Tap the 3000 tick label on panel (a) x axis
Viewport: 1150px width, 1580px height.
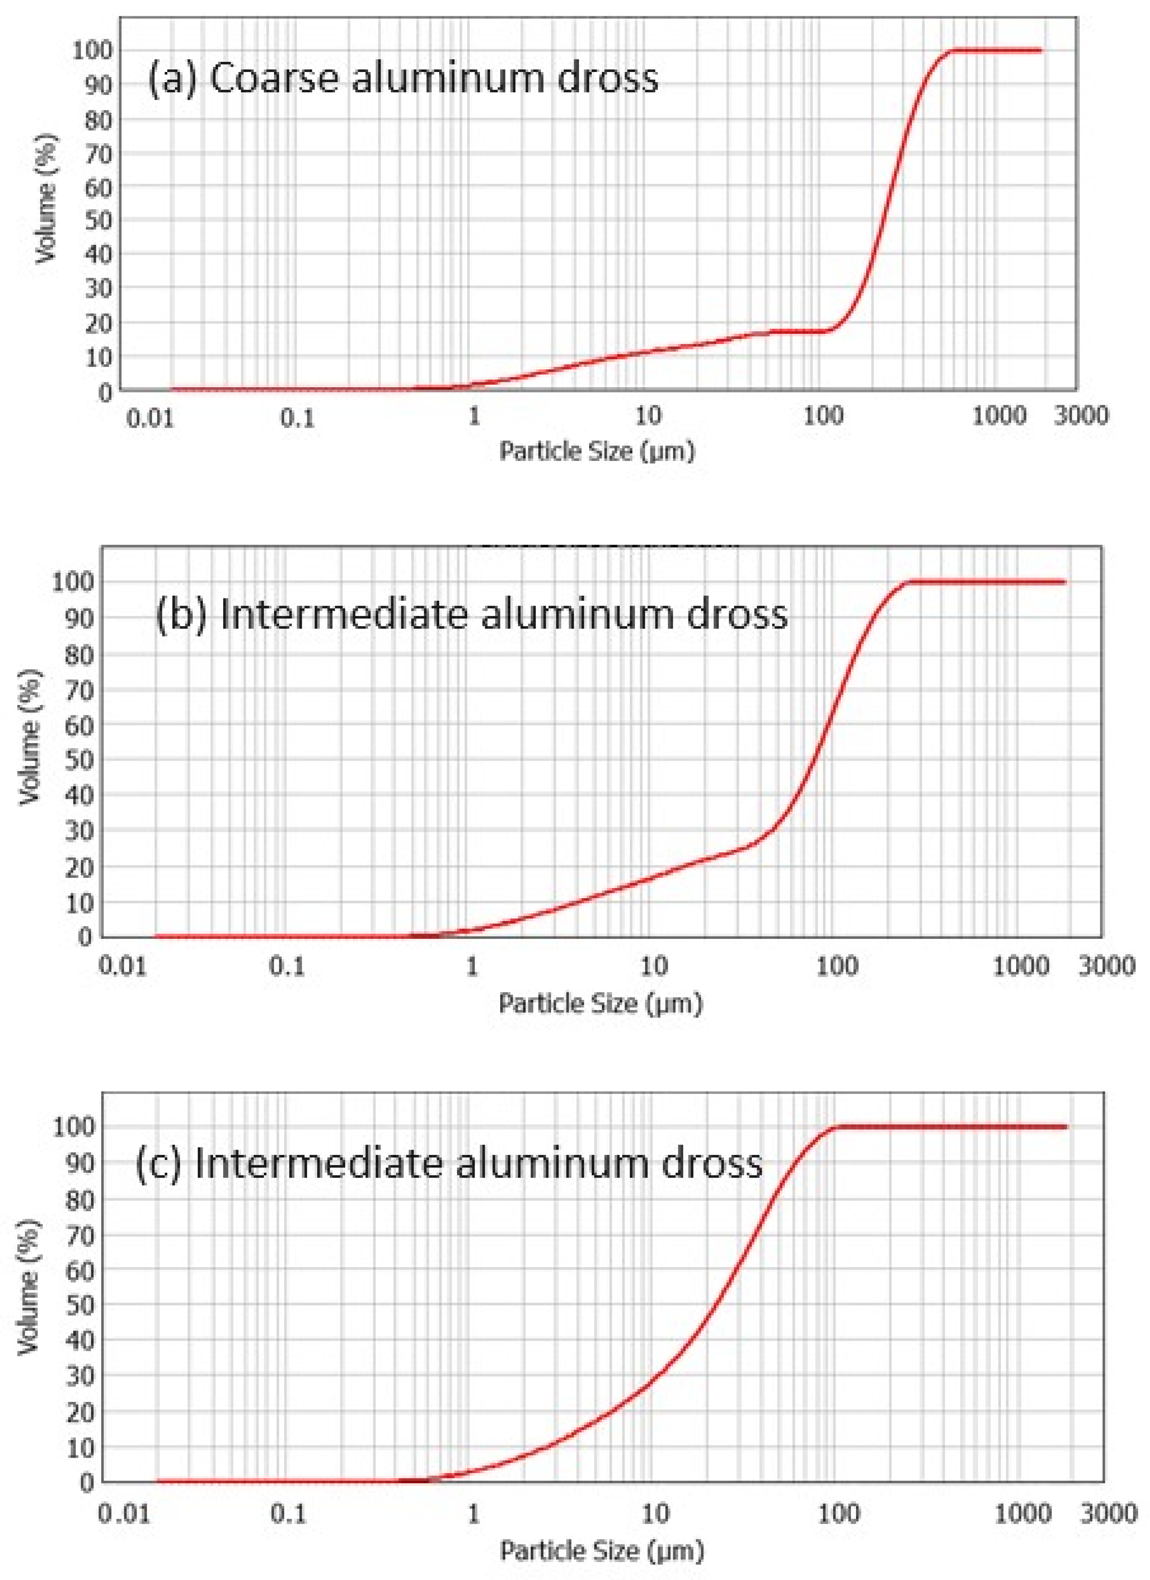coord(1080,417)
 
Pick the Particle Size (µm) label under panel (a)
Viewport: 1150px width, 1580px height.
coord(597,452)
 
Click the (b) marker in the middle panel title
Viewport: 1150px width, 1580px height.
coord(181,614)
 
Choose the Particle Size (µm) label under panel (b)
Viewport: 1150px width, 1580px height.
coord(601,1003)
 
